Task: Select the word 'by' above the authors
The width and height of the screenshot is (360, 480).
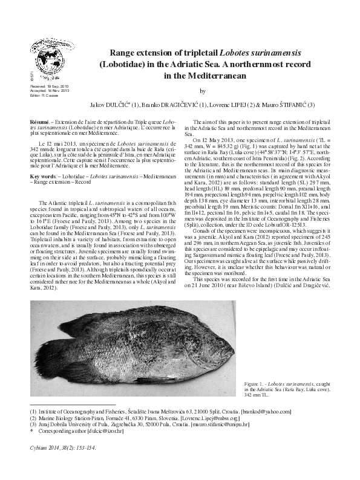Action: [203, 91]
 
